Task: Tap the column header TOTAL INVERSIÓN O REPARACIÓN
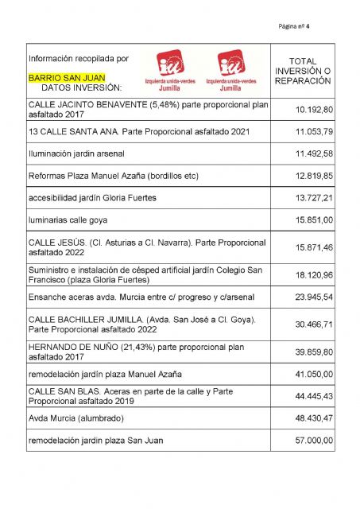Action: [x=302, y=71]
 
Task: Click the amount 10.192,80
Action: [x=313, y=109]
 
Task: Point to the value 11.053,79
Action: [x=313, y=130]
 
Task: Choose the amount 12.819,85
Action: [x=313, y=175]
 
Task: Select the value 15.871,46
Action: [x=313, y=247]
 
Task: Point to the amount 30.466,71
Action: [x=313, y=325]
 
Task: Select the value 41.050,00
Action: [x=313, y=374]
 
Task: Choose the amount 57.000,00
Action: [x=313, y=440]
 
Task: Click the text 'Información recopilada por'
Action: [x=78, y=59]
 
